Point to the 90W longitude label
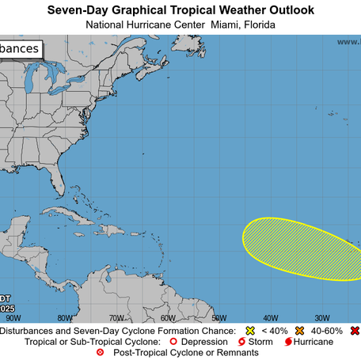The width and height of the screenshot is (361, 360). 13,317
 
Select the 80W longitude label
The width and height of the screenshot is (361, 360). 65,317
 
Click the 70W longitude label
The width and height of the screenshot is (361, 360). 116,317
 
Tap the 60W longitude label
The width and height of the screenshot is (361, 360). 168,317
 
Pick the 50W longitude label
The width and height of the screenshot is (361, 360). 219,317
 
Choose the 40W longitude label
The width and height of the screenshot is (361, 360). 271,317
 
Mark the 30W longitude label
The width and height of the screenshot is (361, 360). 321,317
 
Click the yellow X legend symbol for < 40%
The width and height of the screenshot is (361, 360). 249,330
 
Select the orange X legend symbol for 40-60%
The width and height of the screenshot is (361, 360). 301,330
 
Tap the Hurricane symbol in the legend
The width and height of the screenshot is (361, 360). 287,341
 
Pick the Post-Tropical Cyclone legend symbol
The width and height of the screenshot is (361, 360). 99,352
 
